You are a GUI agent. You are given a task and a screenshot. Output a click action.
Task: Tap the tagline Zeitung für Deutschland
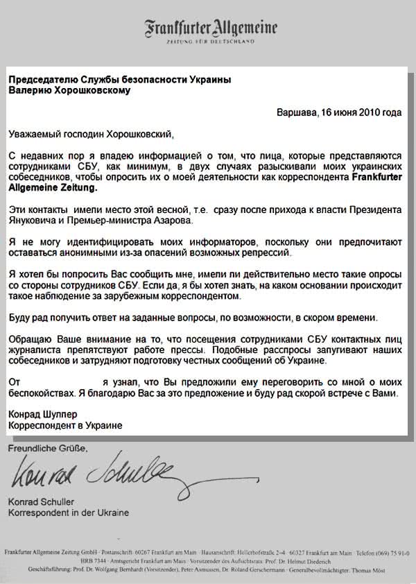[211, 42]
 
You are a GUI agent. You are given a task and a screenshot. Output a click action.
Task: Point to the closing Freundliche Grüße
[48, 448]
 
